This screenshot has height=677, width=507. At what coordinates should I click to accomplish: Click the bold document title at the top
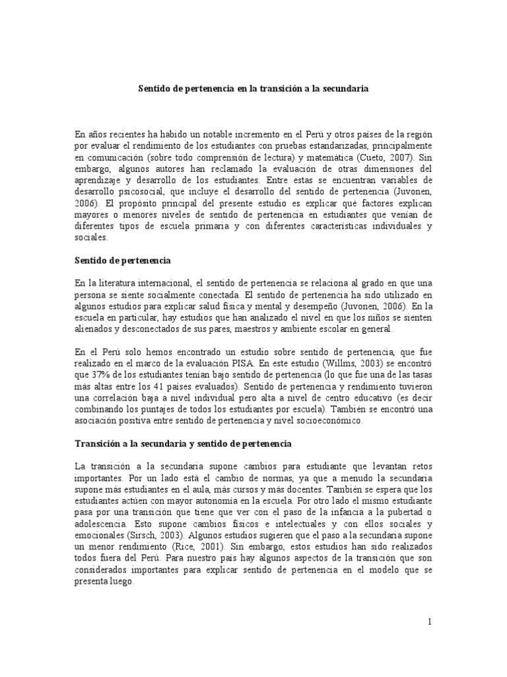click(253, 87)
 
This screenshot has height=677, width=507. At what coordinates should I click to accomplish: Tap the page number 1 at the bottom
click(430, 621)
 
